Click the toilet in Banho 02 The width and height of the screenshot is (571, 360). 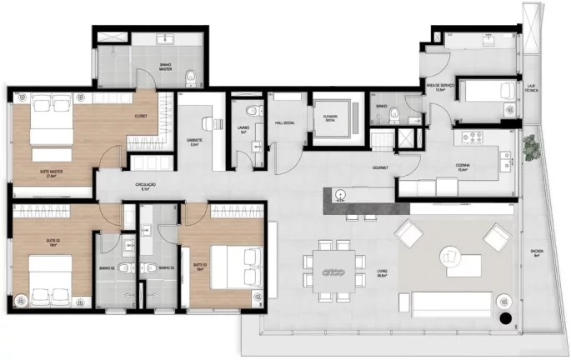click(123, 268)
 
